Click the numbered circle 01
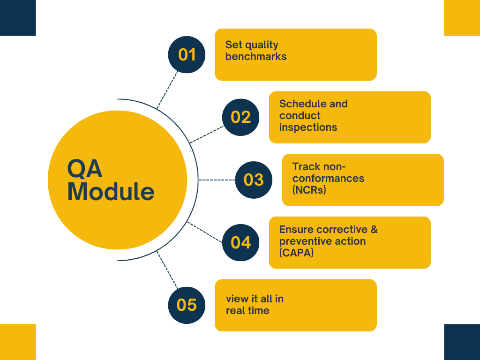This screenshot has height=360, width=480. [x=187, y=54]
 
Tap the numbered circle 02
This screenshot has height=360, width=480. [x=240, y=117]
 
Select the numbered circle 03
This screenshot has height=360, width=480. [x=254, y=180]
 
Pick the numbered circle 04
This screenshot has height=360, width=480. [x=240, y=242]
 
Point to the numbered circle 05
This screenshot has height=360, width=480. [x=187, y=305]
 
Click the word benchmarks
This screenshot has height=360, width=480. [x=256, y=56]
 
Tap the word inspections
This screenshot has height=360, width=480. [x=308, y=127]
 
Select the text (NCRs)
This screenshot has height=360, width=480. [x=309, y=190]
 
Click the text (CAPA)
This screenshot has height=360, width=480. [x=296, y=253]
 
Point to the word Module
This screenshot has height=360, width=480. [x=111, y=192]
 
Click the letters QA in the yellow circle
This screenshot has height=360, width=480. [x=84, y=168]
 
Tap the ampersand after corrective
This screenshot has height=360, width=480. [x=374, y=229]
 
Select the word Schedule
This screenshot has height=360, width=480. [x=299, y=104]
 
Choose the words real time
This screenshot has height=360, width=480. [x=247, y=310]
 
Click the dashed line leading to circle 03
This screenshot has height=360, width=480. [x=217, y=180]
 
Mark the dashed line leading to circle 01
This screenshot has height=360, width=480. [x=167, y=90]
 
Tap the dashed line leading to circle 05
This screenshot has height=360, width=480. [x=167, y=270]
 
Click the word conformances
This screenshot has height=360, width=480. [x=328, y=178]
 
